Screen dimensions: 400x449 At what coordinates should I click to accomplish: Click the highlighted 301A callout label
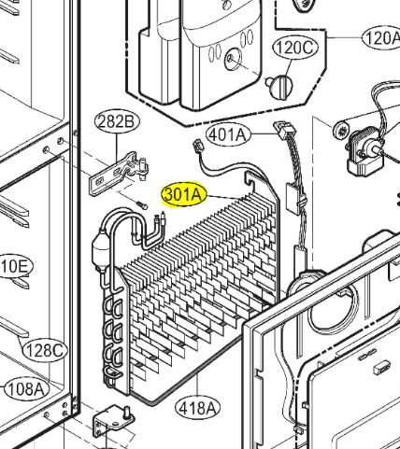(x=184, y=194)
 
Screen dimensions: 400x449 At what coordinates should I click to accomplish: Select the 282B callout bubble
(x=117, y=122)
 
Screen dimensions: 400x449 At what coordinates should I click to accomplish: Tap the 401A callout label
(x=228, y=135)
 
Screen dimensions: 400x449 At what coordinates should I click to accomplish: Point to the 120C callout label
(x=295, y=48)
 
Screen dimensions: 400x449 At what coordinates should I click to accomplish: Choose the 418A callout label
(x=197, y=408)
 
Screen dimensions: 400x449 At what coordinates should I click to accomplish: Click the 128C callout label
(x=45, y=351)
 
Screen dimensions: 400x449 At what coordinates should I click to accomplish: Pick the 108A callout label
(x=27, y=389)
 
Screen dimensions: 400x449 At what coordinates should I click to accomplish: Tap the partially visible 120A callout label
(x=381, y=38)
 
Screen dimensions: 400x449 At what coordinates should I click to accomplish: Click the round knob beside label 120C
(x=279, y=86)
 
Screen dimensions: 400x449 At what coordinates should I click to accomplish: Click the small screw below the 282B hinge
(x=142, y=204)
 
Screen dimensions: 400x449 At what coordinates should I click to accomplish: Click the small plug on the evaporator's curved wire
(x=197, y=146)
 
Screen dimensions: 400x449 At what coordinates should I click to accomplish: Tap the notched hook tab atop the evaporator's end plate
(x=250, y=181)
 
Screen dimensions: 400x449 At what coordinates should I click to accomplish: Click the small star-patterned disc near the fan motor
(x=342, y=130)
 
